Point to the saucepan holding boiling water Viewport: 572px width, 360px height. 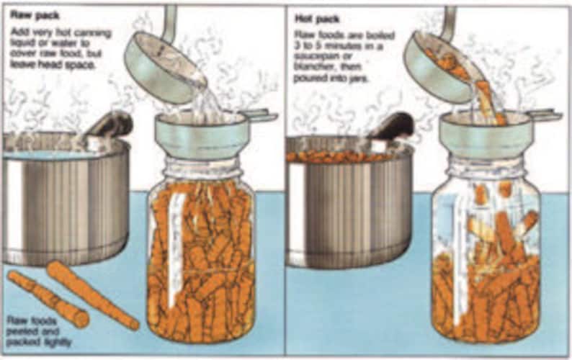(x=65, y=202)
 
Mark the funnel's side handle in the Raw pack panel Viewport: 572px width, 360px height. (x=260, y=115)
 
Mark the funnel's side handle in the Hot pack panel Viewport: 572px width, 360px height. (x=543, y=115)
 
